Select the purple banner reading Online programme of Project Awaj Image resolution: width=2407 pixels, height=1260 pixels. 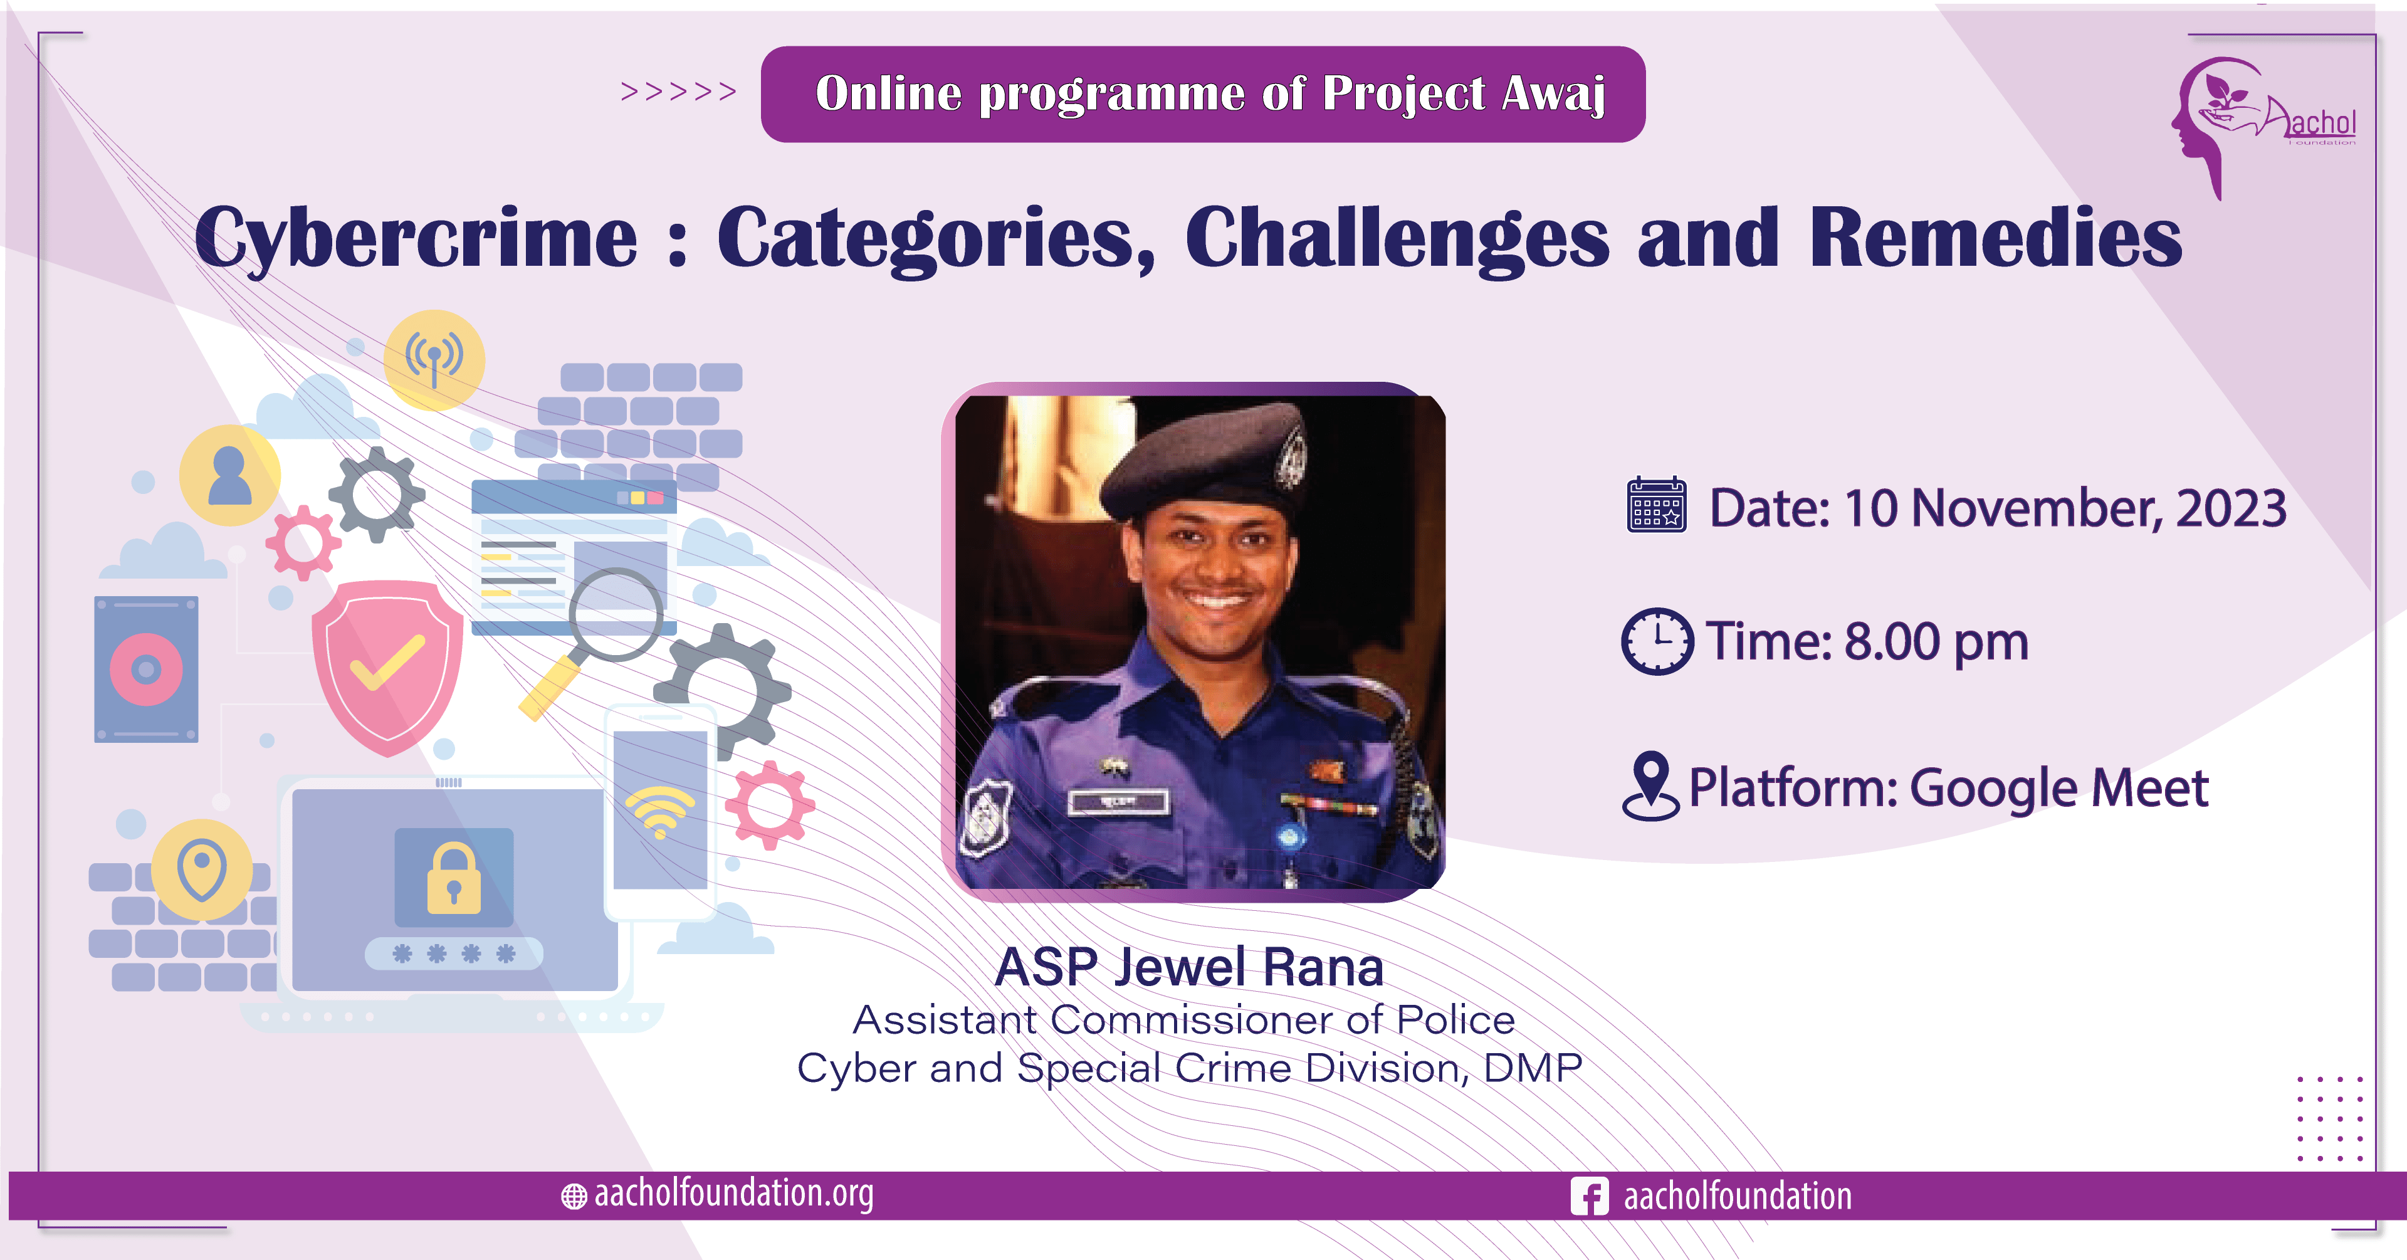click(x=1203, y=95)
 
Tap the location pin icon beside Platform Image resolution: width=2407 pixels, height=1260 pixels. click(x=1650, y=786)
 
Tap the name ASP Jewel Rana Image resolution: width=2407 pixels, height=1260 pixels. click(x=1188, y=967)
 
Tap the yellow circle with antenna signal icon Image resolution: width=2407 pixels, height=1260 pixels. click(x=434, y=360)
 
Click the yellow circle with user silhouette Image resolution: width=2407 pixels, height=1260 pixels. click(x=230, y=475)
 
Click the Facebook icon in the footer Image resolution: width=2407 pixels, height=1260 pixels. click(x=1588, y=1195)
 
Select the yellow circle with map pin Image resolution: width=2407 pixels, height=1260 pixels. click(x=202, y=869)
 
